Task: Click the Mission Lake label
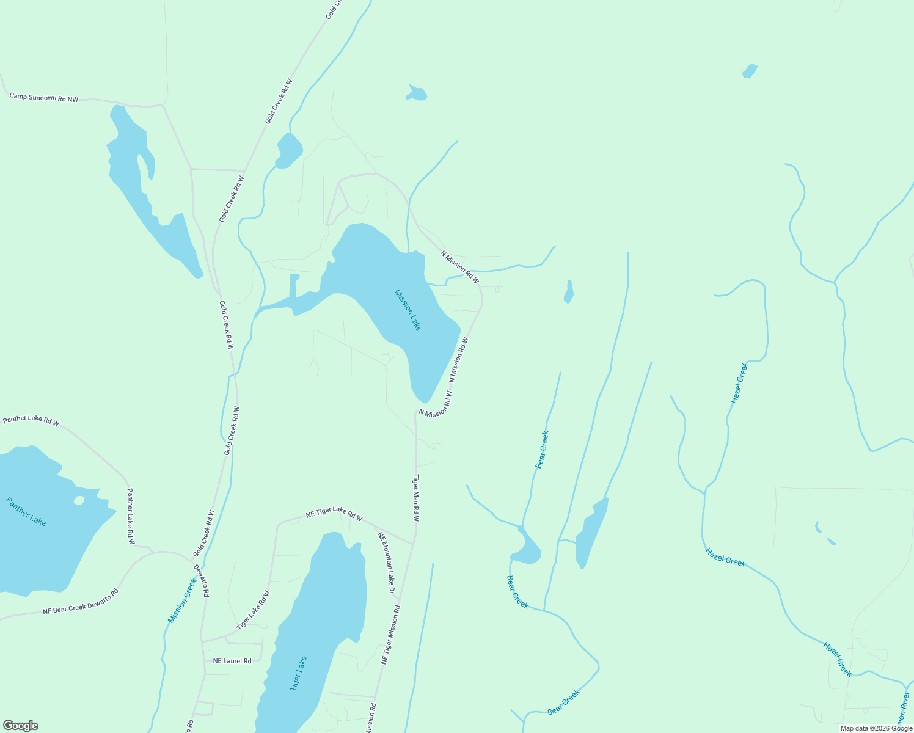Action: (408, 310)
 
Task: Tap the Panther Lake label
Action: (26, 512)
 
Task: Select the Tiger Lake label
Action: (298, 674)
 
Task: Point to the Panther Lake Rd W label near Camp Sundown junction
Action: (31, 420)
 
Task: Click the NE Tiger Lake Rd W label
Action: (334, 516)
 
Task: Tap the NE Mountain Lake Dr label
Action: (386, 563)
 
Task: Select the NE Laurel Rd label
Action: (232, 661)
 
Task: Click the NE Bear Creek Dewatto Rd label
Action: (80, 602)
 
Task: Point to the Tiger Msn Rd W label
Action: (416, 498)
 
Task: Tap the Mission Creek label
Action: (182, 601)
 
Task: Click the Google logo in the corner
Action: (20, 726)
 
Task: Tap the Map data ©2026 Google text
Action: (876, 728)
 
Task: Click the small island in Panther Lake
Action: (79, 500)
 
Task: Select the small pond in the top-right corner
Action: (750, 71)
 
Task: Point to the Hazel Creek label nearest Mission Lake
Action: (739, 383)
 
